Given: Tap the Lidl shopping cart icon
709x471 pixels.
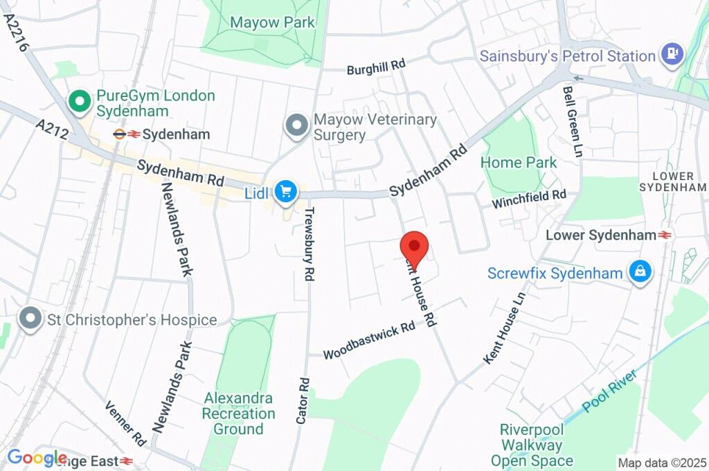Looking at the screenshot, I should click(285, 192).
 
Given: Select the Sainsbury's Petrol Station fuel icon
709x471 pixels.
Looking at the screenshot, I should click(671, 55).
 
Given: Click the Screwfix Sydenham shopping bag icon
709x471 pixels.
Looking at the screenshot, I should click(640, 272).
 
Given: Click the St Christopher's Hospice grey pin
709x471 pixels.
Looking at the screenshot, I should click(30, 319).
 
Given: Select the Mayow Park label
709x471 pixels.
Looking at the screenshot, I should click(272, 22).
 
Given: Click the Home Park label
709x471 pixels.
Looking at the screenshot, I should click(519, 163).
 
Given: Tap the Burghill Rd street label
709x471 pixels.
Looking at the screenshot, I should click(376, 66).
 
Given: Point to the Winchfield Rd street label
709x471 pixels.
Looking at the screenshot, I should click(529, 199).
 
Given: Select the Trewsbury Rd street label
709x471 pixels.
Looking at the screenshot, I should click(309, 243).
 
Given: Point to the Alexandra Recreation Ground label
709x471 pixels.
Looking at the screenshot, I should click(238, 414).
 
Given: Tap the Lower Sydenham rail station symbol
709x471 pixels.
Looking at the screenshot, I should click(665, 235).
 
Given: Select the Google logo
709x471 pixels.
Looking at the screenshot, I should click(36, 458).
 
